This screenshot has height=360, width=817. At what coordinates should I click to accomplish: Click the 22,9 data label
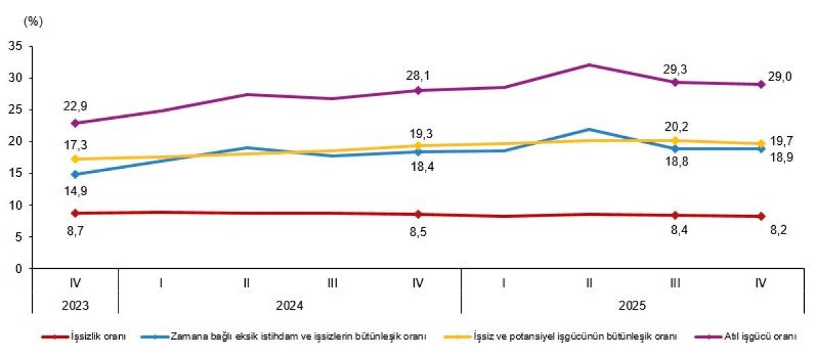tap(75, 105)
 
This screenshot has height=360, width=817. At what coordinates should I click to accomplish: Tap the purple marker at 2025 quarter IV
tap(760, 84)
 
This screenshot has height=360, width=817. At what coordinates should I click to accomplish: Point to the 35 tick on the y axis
tap(15, 46)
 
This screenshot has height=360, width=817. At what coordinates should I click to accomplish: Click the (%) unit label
tap(33, 21)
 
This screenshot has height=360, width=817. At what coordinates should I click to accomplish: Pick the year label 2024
tap(289, 306)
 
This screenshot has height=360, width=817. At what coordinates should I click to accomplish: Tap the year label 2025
tap(632, 306)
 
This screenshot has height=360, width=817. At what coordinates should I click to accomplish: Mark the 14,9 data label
tap(75, 191)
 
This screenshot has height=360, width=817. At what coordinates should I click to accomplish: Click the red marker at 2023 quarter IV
tap(75, 213)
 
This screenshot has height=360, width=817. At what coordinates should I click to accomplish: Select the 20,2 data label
tap(675, 127)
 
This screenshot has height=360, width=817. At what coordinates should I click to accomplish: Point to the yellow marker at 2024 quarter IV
tap(417, 146)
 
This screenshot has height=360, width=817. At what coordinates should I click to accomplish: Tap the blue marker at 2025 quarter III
tap(675, 148)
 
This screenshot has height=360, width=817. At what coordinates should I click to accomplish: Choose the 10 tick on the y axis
tap(15, 205)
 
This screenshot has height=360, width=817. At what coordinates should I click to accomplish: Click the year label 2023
tap(75, 306)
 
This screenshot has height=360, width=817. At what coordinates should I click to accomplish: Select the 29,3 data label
tap(675, 69)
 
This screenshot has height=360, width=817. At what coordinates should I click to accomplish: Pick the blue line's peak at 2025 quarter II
tap(589, 129)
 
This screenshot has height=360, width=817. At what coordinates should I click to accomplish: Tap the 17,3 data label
tap(75, 145)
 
